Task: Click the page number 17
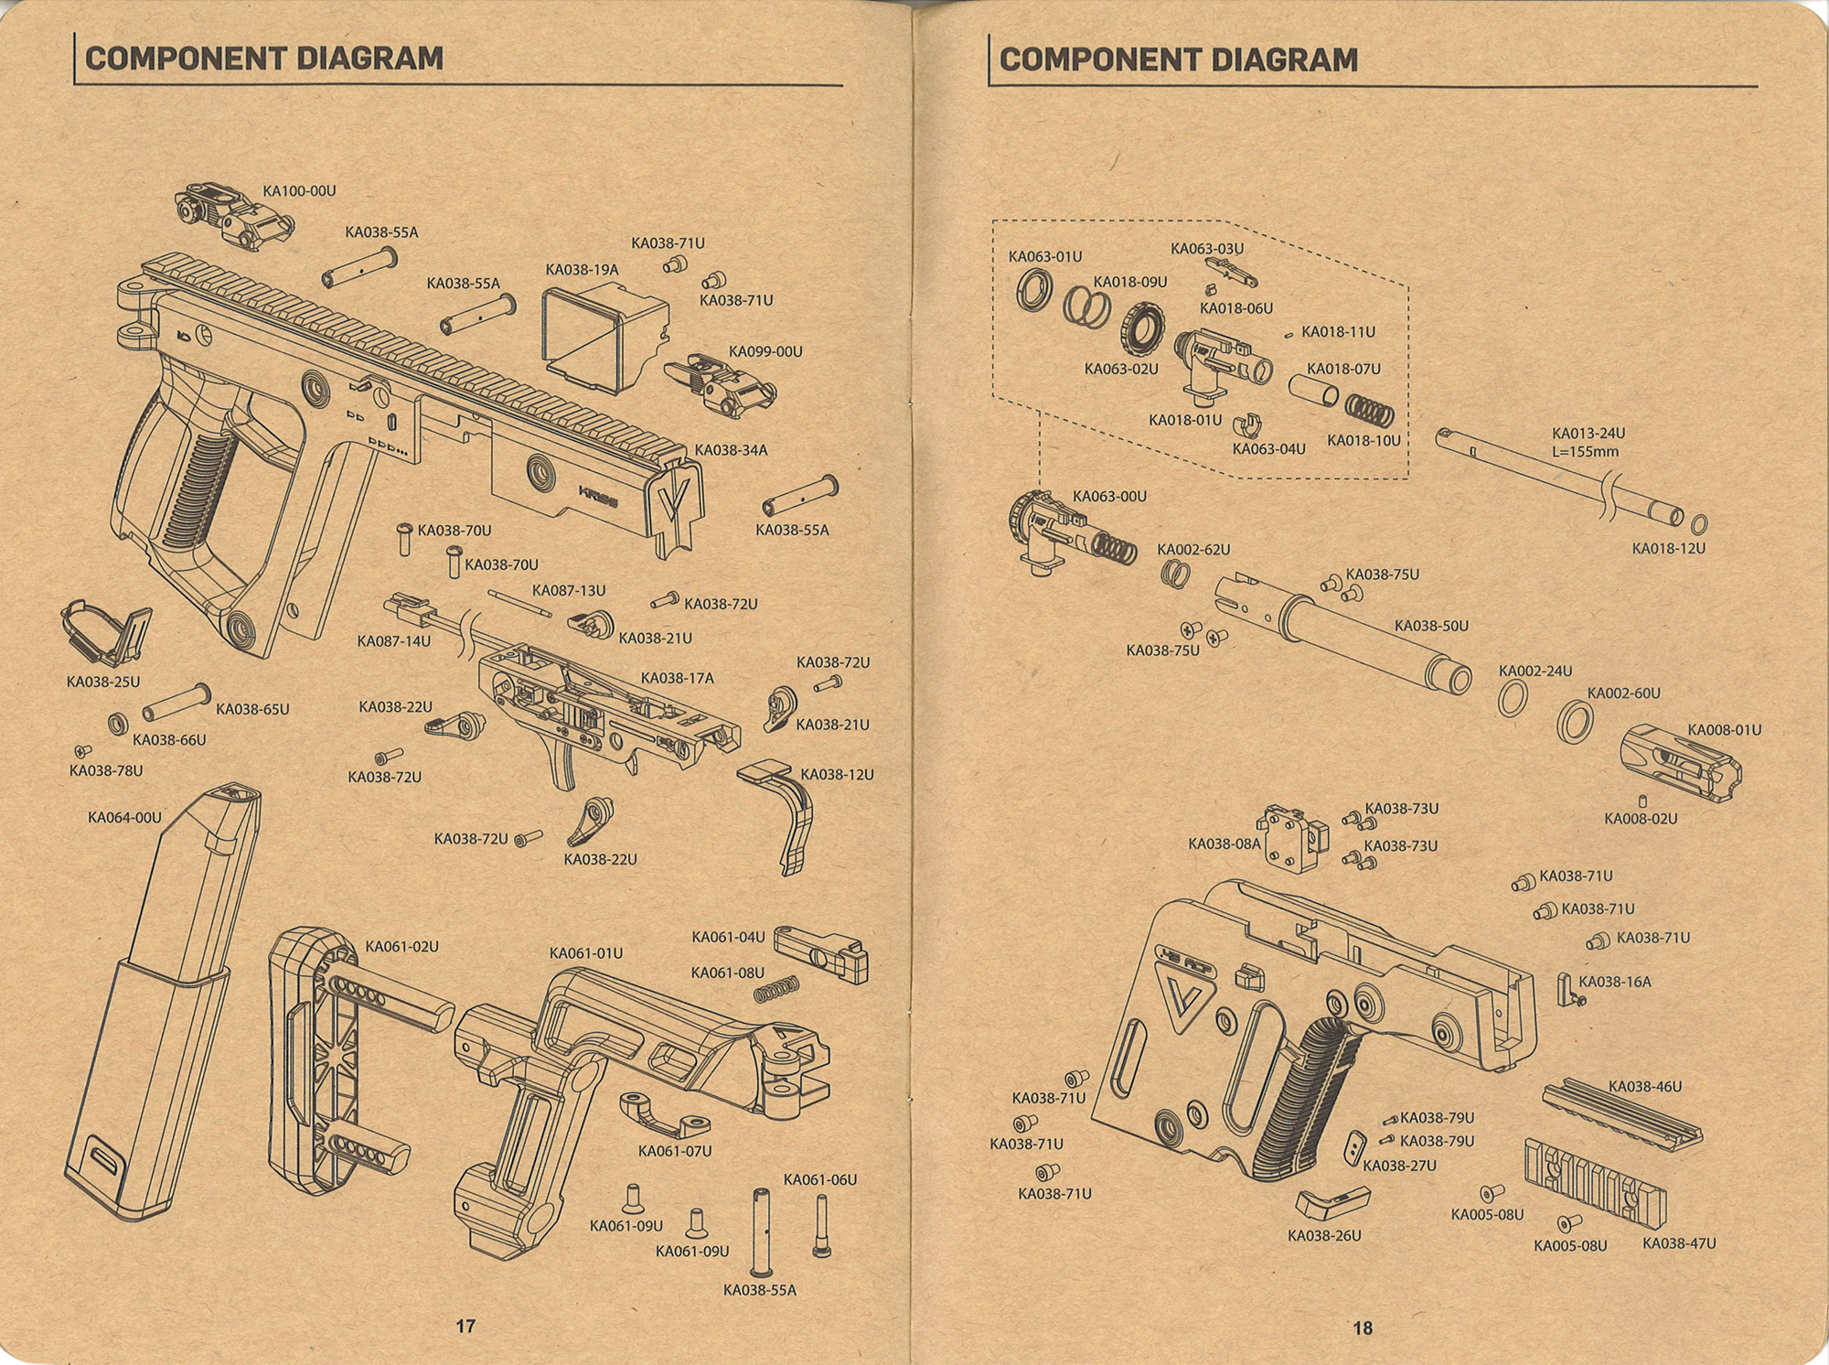click(465, 1326)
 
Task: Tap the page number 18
click(1363, 1327)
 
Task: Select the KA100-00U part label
click(299, 191)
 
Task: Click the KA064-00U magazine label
click(124, 817)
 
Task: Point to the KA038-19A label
click(582, 270)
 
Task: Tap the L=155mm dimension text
click(1585, 452)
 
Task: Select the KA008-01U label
click(1724, 730)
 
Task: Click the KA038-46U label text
click(1645, 1087)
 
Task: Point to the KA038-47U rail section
click(1595, 1181)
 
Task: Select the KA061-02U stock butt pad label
click(402, 946)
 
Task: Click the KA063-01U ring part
click(1036, 296)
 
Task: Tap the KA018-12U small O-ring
click(1698, 525)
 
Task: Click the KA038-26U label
click(1324, 1235)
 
